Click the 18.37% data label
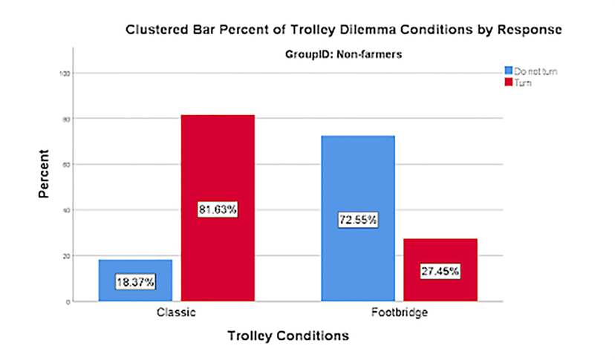point(135,282)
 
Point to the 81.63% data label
point(218,210)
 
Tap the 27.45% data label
point(440,271)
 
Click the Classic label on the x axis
point(177,313)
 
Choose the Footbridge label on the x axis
point(399,313)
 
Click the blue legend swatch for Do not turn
point(509,71)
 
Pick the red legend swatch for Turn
point(509,82)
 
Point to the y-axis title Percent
point(44,174)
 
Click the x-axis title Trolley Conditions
point(287,336)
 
